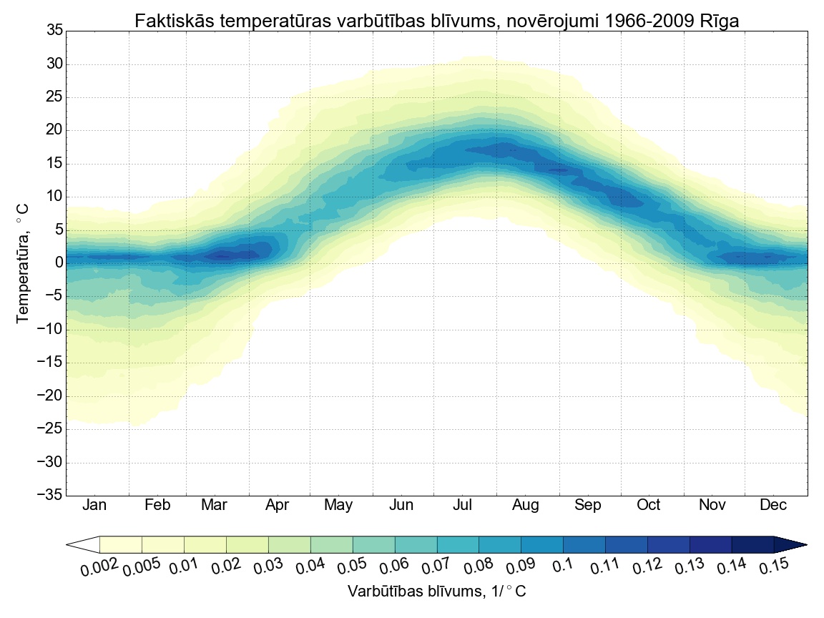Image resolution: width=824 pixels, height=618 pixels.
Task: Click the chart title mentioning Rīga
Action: click(436, 21)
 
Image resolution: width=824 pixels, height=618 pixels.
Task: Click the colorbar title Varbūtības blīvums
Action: click(436, 592)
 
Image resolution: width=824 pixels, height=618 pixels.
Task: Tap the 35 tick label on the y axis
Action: click(54, 31)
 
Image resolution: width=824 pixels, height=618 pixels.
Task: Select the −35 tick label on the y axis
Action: click(49, 496)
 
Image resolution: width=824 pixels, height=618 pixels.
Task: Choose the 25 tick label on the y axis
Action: click(54, 97)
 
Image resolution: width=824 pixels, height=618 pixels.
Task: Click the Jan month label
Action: click(94, 506)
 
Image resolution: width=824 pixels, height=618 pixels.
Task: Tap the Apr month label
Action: click(277, 506)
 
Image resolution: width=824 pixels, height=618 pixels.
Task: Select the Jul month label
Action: click(463, 506)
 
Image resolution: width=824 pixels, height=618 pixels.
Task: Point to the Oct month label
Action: click(649, 506)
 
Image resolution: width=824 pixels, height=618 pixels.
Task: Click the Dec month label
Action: click(773, 506)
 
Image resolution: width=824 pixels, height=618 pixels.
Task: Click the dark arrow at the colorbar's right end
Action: click(790, 545)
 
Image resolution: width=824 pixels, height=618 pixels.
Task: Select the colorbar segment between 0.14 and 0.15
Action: click(752, 545)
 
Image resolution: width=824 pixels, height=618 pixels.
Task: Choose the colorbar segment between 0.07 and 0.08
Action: click(458, 545)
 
